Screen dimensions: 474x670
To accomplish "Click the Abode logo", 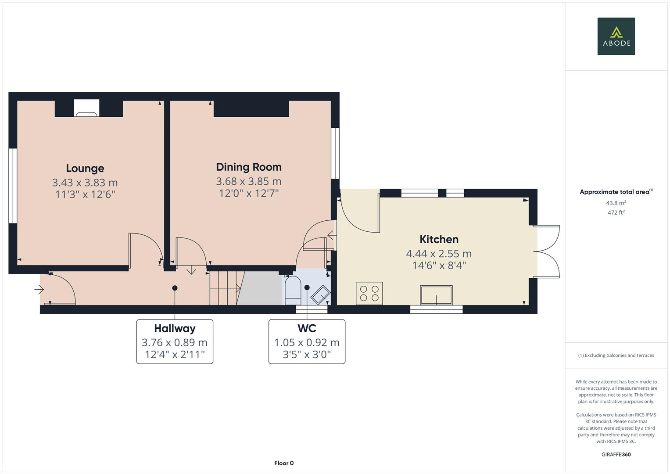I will pos(616,36).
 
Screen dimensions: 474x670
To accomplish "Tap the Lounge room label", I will pos(85,169).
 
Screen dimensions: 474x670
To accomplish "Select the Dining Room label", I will pos(249,167).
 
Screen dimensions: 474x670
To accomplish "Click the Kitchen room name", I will pos(439,239).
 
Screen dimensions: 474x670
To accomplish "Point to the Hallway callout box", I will pos(175,341).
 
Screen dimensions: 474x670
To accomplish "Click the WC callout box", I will pos(307,341).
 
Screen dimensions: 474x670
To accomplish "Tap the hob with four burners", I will pos(369,293).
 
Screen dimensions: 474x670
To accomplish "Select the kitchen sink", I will pos(436,294).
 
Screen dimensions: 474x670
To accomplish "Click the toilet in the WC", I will pos(293,290).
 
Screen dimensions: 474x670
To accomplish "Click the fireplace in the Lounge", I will pos(86,109).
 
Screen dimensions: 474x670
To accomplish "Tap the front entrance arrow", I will pos(39,290).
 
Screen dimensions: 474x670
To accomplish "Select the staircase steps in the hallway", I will pos(224,288).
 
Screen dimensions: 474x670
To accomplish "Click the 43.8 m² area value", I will pos(616,203).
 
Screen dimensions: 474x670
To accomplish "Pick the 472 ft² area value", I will pos(616,212).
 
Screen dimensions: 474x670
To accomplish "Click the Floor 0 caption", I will pos(283,463).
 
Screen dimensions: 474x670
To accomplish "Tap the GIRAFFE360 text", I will pos(616,454).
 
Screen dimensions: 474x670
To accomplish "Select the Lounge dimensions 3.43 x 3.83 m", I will pos(85,183).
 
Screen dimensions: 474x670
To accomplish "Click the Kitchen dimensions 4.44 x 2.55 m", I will pos(439,254).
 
